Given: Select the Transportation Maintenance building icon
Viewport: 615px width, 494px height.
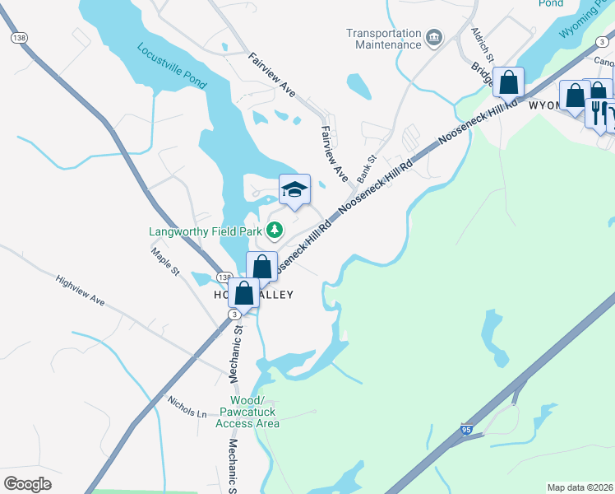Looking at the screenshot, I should click(x=434, y=38).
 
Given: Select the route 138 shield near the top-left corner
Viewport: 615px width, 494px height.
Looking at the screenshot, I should click(x=19, y=38).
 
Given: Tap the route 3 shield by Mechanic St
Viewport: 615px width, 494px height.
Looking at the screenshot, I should click(x=235, y=315).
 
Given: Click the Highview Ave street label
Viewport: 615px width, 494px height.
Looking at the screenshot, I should click(x=80, y=291).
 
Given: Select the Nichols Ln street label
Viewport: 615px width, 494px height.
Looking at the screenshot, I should click(x=187, y=408).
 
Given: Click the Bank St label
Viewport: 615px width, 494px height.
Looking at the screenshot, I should click(x=366, y=169).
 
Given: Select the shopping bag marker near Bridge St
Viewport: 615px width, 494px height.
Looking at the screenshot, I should click(x=509, y=82).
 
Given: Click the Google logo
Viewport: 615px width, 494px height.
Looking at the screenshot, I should click(x=28, y=483).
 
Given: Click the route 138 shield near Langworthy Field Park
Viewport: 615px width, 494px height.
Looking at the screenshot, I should click(x=223, y=277).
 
